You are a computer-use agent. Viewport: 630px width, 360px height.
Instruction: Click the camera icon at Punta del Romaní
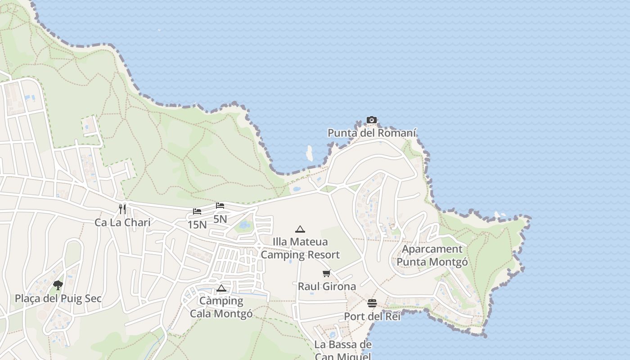pyautogui.click(x=371, y=120)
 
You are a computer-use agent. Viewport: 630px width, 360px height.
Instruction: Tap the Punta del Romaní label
pyautogui.click(x=372, y=133)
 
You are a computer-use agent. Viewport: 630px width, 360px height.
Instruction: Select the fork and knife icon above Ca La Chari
pyautogui.click(x=122, y=208)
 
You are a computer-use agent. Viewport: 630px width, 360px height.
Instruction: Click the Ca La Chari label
pyautogui.click(x=122, y=222)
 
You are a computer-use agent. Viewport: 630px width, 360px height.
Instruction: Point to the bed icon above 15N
pyautogui.click(x=197, y=211)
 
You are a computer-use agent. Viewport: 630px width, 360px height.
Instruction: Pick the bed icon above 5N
pyautogui.click(x=220, y=206)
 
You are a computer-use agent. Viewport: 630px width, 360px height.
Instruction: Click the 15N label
pyautogui.click(x=197, y=225)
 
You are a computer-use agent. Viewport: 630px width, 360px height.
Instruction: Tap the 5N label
pyautogui.click(x=220, y=219)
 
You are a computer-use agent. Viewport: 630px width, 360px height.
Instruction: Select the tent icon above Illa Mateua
pyautogui.click(x=300, y=229)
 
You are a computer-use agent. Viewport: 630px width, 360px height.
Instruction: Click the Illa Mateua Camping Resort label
pyautogui.click(x=300, y=248)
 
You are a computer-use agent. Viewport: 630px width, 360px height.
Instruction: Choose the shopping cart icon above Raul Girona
pyautogui.click(x=327, y=273)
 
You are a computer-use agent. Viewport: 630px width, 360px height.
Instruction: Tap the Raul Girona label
pyautogui.click(x=327, y=286)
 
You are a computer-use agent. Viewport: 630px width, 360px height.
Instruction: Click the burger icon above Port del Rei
pyautogui.click(x=372, y=303)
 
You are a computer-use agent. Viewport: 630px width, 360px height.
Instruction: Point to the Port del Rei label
pyautogui.click(x=372, y=316)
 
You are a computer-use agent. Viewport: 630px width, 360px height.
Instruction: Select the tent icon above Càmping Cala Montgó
pyautogui.click(x=221, y=288)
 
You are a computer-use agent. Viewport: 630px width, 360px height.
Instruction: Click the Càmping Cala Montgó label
pyautogui.click(x=221, y=307)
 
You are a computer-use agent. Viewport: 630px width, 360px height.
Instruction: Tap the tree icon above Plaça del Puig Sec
pyautogui.click(x=58, y=284)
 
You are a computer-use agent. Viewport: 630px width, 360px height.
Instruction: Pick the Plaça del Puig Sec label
pyautogui.click(x=58, y=298)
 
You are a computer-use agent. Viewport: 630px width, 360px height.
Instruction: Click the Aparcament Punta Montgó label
pyautogui.click(x=432, y=256)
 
